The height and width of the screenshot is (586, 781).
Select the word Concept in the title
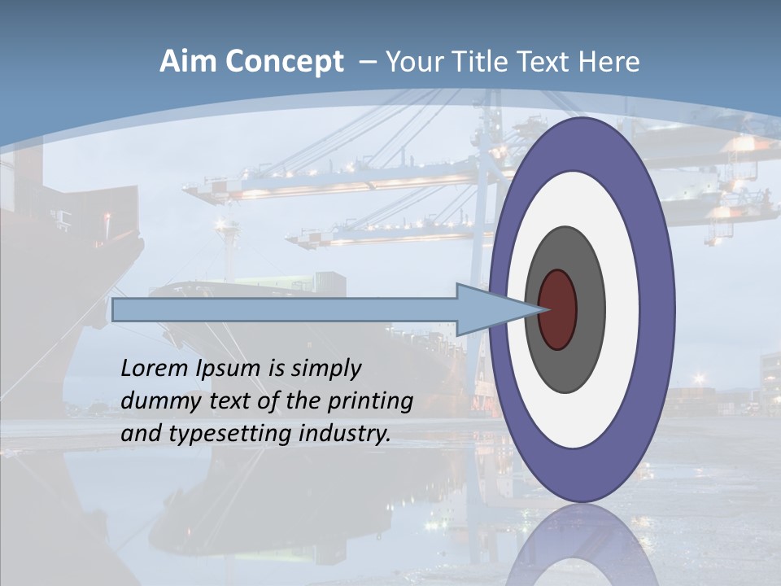click(283, 63)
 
